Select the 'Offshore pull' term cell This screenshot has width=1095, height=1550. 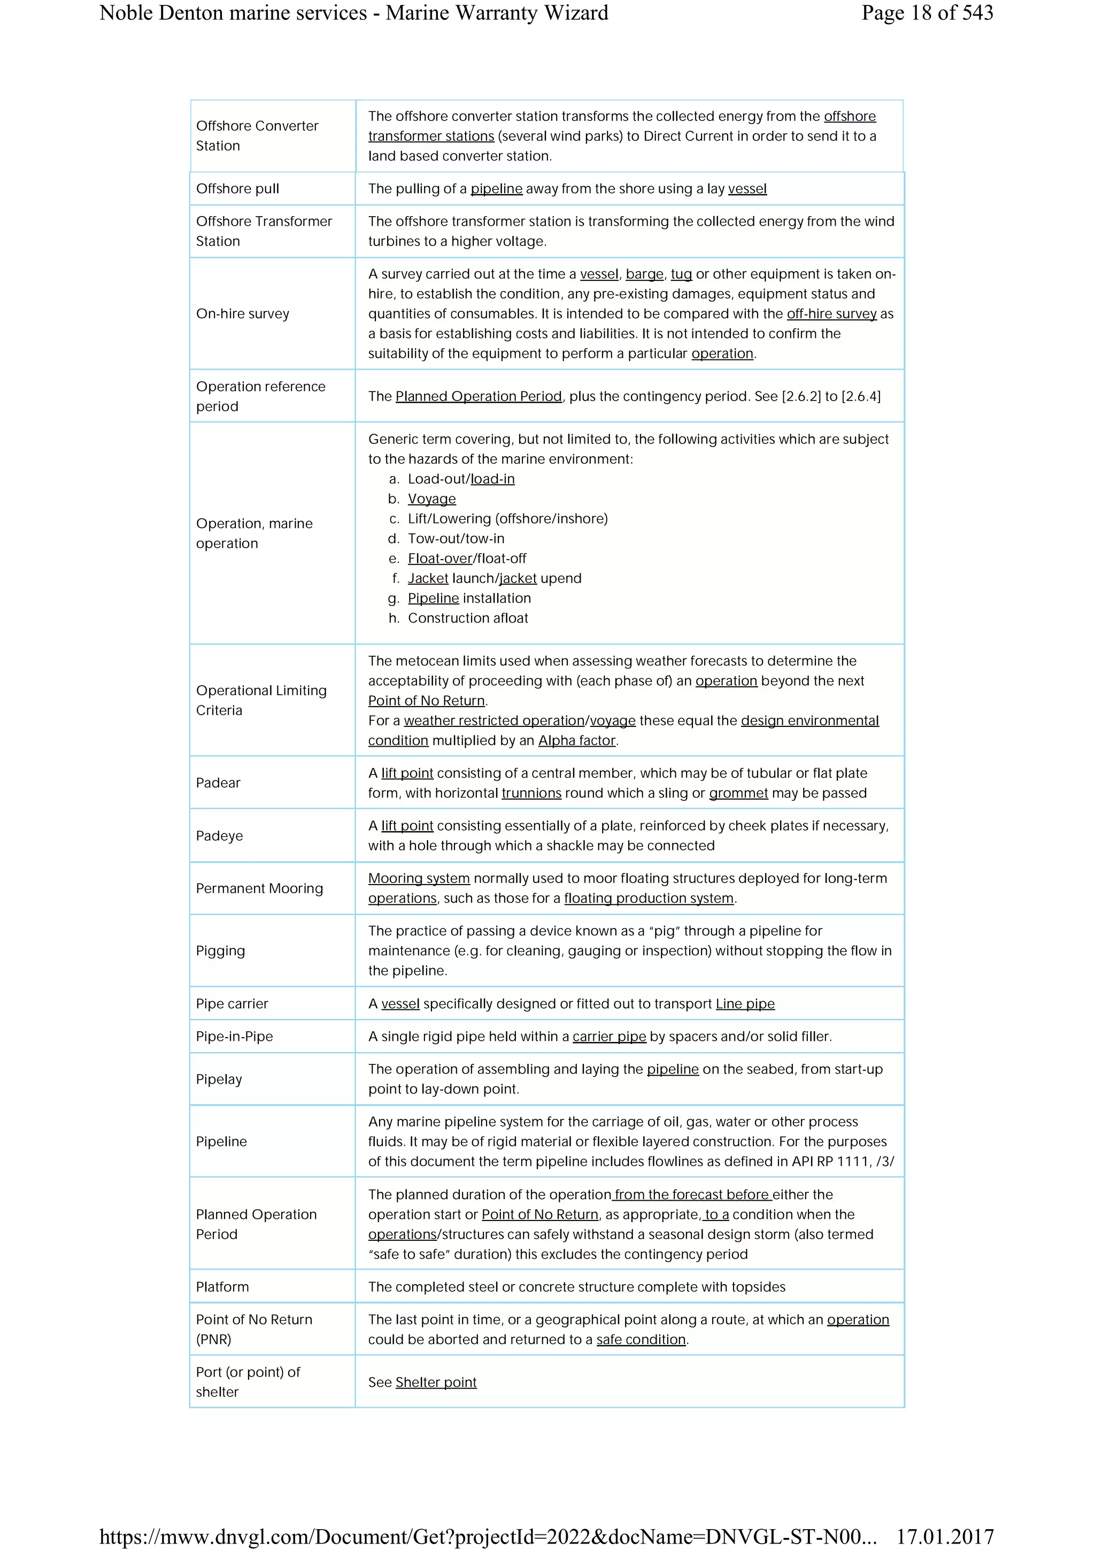[237, 188]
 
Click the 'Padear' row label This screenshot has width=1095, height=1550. [218, 782]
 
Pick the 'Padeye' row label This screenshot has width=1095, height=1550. [219, 836]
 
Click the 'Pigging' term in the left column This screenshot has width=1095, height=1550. [221, 950]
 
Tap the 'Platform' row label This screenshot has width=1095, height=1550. [222, 1287]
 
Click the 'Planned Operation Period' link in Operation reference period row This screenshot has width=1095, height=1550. [479, 396]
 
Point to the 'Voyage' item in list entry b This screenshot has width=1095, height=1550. [432, 499]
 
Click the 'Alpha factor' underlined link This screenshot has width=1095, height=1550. [577, 741]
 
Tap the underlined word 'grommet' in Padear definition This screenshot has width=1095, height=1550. [738, 793]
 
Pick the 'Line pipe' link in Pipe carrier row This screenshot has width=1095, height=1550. [745, 1004]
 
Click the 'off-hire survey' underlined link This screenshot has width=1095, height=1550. [831, 314]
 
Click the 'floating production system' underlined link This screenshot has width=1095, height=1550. [649, 899]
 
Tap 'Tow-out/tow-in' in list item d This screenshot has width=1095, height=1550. [456, 539]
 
